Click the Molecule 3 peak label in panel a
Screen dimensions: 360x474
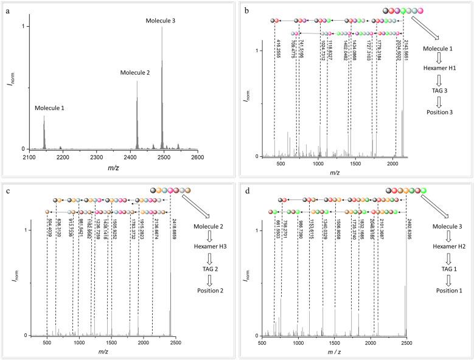pos(161,21)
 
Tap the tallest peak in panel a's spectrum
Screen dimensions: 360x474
pos(162,27)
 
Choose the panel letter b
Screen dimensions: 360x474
pos(243,10)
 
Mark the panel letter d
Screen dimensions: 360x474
pos(243,189)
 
